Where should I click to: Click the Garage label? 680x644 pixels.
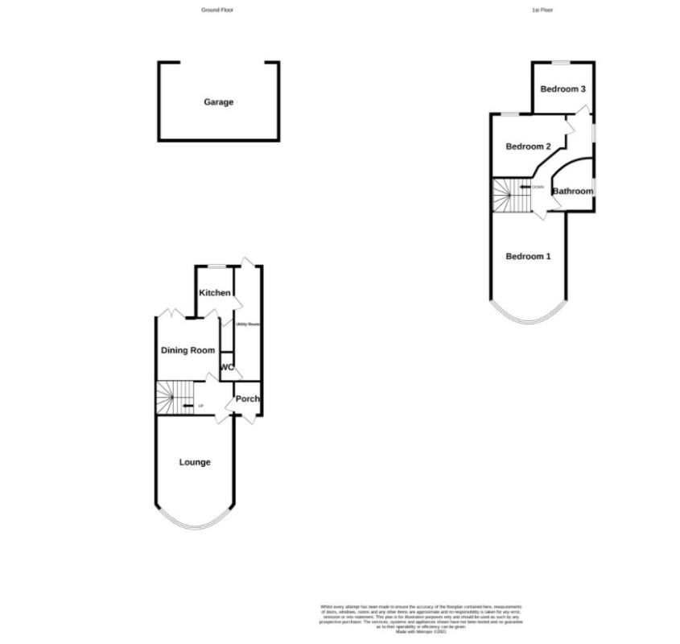click(218, 102)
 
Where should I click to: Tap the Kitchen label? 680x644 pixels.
click(215, 293)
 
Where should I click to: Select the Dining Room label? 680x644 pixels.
click(188, 350)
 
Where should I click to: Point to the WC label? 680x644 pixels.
click(227, 368)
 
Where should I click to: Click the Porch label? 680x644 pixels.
click(247, 399)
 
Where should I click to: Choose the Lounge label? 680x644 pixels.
click(195, 462)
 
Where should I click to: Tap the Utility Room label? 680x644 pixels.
click(248, 324)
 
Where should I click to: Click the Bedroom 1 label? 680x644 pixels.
click(528, 257)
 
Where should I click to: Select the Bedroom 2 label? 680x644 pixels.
click(528, 147)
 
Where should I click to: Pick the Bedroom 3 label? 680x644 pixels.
click(563, 89)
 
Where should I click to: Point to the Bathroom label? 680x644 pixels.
click(572, 192)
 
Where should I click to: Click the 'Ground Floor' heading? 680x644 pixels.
click(217, 10)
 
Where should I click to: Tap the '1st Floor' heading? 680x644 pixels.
click(542, 10)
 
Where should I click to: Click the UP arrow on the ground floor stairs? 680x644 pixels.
click(189, 405)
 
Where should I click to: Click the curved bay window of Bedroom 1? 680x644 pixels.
click(529, 320)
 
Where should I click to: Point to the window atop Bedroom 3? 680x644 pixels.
click(561, 62)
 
